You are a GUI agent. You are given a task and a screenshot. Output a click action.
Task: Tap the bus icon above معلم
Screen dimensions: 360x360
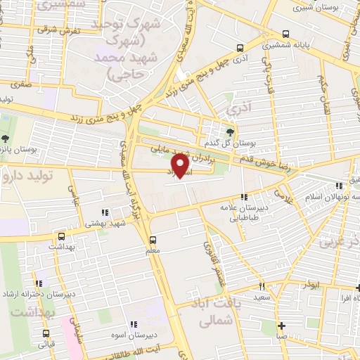(155, 238)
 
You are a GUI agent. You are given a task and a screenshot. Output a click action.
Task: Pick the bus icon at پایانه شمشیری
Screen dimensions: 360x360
(285, 33)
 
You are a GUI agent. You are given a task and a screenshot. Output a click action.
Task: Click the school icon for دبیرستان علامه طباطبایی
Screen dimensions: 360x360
(244, 198)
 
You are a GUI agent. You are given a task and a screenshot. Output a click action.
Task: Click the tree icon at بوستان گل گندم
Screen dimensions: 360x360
(230, 131)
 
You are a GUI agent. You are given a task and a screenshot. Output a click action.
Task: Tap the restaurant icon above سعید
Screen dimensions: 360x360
(262, 286)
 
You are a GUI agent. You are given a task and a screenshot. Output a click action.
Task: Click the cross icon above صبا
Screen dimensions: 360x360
(282, 326)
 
